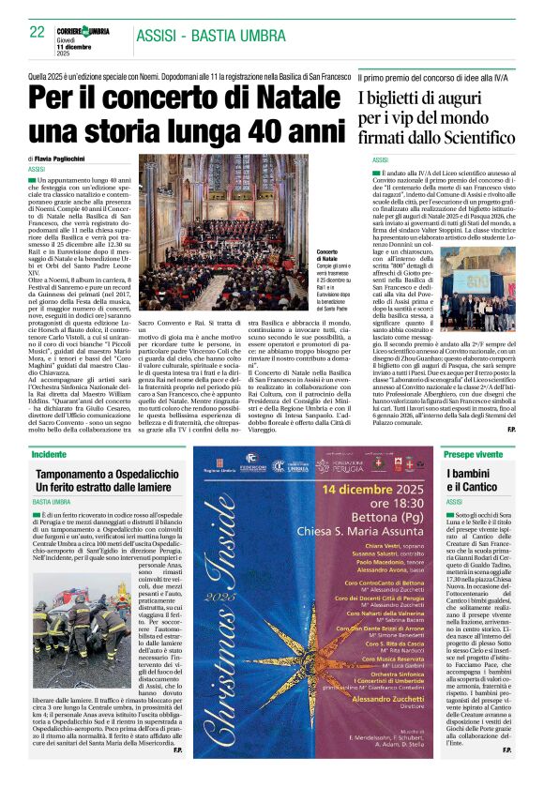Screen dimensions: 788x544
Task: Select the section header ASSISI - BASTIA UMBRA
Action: (x=211, y=36)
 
